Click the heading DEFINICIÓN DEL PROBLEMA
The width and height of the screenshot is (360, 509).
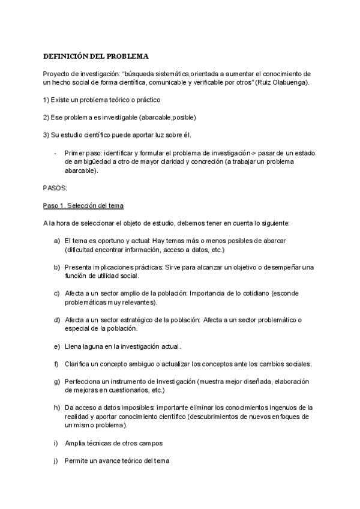(x=95, y=56)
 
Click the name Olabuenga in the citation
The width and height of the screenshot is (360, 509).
(x=290, y=82)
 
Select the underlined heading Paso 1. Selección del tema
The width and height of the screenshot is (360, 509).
(x=83, y=206)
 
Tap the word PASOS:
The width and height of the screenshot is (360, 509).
(x=56, y=188)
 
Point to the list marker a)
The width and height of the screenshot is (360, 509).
(x=57, y=240)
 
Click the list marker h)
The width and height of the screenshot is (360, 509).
(x=57, y=408)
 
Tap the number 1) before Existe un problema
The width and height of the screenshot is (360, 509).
(x=46, y=99)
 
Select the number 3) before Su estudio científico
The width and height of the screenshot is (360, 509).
(x=46, y=135)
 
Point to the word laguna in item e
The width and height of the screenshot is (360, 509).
(x=99, y=346)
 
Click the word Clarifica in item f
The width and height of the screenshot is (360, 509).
(x=79, y=364)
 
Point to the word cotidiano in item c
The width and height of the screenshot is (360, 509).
(x=248, y=294)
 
